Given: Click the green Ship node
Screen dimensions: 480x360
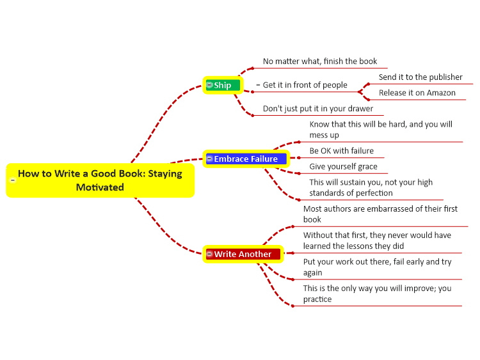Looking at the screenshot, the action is tap(223, 85).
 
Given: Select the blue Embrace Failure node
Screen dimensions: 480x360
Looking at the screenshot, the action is tap(246, 159).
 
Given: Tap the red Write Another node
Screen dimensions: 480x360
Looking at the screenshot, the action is tap(243, 254).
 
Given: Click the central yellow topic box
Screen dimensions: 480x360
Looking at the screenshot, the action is tap(100, 180).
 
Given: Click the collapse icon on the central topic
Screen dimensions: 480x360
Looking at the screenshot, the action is tap(13, 180).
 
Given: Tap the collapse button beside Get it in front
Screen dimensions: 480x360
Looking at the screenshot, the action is tap(258, 84).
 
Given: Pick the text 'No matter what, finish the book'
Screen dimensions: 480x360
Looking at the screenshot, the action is tap(320, 61).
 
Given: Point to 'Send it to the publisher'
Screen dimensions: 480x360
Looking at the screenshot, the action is tap(420, 77).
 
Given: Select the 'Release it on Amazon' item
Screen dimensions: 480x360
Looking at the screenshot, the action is tap(417, 93).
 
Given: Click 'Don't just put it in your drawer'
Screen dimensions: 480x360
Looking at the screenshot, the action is tap(317, 109).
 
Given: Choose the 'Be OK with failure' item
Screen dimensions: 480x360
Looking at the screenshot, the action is tap(341, 150).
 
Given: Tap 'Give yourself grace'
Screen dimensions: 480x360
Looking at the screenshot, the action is tap(343, 166).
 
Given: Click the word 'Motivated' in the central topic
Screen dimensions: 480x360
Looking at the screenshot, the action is tap(100, 187).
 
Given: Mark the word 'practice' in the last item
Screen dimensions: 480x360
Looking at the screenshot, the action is tap(317, 299).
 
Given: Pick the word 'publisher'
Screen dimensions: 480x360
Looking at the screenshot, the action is tap(445, 77).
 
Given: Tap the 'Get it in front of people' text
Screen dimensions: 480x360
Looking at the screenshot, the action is tap(305, 84).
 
